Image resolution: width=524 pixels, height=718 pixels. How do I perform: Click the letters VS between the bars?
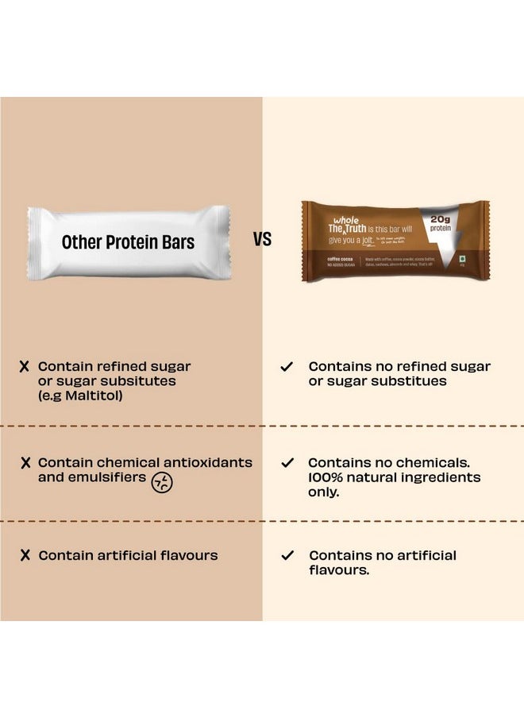click(263, 239)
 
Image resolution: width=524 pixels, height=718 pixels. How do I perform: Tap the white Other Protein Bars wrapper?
click(129, 241)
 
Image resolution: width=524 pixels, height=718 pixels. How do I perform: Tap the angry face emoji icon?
click(163, 482)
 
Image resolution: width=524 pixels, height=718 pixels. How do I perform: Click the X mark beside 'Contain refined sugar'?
click(25, 367)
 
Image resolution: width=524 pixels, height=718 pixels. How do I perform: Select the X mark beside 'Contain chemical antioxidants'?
click(25, 462)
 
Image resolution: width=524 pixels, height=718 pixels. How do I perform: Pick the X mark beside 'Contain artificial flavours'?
click(25, 556)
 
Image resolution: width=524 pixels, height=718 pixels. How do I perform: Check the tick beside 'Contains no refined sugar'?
click(287, 367)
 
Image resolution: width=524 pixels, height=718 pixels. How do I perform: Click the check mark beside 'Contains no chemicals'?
click(287, 462)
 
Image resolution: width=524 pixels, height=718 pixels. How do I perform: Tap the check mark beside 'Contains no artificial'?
click(287, 556)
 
